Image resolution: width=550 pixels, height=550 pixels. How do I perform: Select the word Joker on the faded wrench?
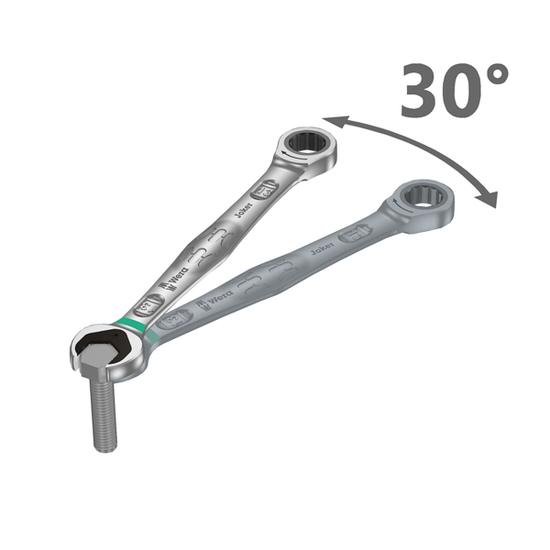320,248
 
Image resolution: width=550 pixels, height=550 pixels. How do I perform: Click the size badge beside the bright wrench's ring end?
263,191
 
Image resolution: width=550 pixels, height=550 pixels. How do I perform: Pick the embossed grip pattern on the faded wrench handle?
266,275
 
